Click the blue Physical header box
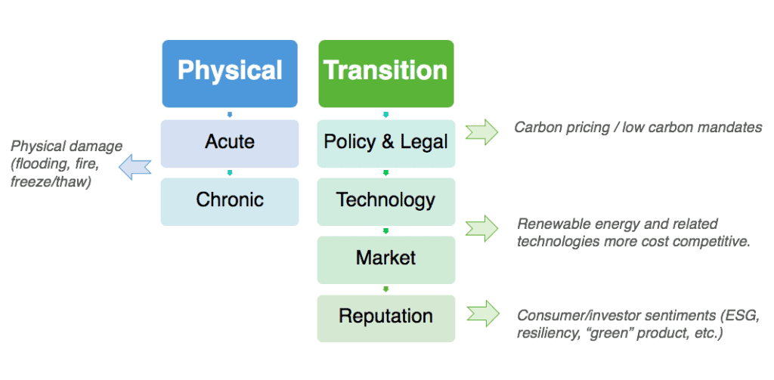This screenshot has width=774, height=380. tap(230, 73)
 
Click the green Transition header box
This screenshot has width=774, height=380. tap(386, 73)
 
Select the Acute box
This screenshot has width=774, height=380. tap(230, 143)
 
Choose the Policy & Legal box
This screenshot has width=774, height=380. tap(386, 143)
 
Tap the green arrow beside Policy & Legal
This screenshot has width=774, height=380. tap(482, 131)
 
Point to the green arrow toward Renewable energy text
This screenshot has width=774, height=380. tap(482, 228)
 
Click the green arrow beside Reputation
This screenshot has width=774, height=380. tap(482, 313)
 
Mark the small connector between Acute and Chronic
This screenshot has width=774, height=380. tap(230, 173)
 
